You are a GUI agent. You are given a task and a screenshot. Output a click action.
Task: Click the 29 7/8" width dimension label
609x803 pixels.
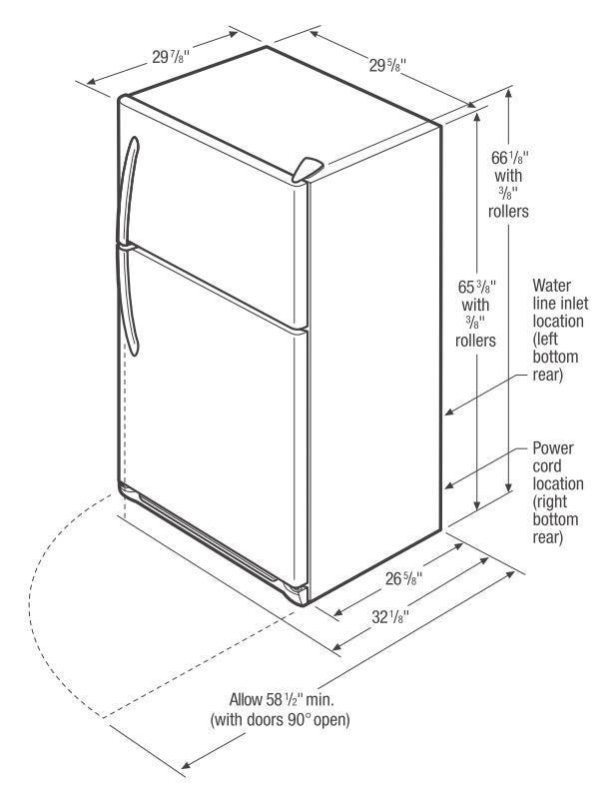coord(171,56)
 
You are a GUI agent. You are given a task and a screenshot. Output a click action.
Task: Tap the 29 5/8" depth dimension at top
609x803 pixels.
coord(388,65)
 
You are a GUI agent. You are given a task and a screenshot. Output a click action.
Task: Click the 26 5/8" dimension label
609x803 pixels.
coord(403,578)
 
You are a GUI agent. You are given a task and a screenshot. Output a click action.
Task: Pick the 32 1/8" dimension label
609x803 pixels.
coord(390,616)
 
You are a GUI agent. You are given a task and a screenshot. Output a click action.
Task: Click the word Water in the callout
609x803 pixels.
coord(552,286)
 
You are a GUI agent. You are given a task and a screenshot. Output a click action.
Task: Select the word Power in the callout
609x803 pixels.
coord(553,448)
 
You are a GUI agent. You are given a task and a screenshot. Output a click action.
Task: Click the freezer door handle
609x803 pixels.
coord(126,190)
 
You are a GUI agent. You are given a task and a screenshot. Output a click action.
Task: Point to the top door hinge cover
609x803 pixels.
coord(307,170)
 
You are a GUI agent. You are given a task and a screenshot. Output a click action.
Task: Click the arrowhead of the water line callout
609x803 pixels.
coord(449,411)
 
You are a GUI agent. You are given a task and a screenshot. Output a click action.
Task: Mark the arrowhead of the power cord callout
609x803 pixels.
coord(449,485)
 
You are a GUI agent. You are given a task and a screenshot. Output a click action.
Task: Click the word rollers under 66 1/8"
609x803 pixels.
coord(508,211)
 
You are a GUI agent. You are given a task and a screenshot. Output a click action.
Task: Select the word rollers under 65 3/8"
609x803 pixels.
coord(475,340)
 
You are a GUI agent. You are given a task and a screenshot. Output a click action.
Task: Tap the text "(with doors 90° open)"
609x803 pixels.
coord(280,719)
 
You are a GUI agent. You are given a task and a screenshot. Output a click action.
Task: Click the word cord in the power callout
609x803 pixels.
coord(547,466)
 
